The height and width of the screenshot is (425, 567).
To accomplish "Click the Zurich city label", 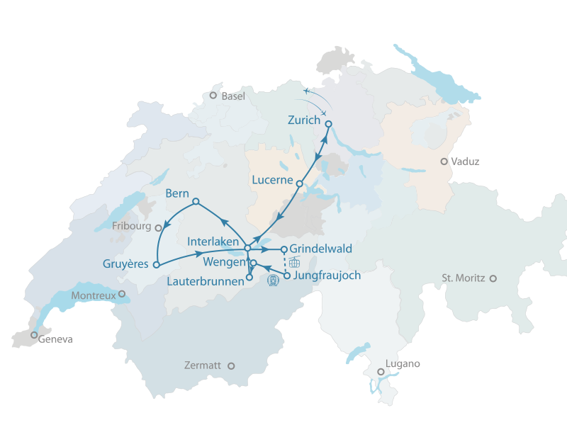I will (304, 120).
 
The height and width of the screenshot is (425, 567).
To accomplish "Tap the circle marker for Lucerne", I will (300, 183).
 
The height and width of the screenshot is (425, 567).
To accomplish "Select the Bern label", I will (176, 193).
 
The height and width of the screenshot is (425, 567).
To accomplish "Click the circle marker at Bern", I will (196, 201).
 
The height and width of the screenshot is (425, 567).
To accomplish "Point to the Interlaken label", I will (213, 242).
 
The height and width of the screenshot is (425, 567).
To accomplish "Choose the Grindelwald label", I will (321, 249).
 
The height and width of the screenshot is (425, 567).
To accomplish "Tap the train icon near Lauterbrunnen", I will (272, 280).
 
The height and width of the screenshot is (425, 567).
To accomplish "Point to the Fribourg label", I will (132, 227).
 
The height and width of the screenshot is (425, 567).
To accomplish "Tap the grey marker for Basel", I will (213, 95).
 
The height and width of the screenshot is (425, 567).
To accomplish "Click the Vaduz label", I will (465, 161).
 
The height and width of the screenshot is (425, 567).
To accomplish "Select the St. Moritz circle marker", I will (493, 278).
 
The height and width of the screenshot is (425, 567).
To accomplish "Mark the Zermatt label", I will (203, 365).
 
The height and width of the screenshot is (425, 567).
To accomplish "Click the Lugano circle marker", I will (381, 372).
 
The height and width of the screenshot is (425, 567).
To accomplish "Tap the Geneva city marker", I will (34, 335).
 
